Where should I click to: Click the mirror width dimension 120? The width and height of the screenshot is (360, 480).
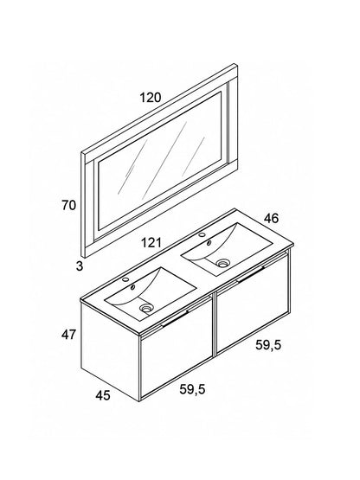(151, 98)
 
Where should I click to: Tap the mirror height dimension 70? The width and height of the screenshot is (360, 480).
(68, 205)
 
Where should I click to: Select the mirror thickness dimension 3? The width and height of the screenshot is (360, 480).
(80, 266)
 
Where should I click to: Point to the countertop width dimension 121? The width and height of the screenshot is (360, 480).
(151, 243)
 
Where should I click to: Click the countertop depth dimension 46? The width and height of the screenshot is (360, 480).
(272, 218)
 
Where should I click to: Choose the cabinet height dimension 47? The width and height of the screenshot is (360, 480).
(68, 335)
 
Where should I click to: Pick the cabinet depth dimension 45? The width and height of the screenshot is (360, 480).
(103, 395)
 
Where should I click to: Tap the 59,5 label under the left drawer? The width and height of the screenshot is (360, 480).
(192, 389)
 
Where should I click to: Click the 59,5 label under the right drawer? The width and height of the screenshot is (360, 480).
(268, 345)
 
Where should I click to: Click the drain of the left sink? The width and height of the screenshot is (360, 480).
(146, 308)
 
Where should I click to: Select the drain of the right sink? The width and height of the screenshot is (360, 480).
(222, 263)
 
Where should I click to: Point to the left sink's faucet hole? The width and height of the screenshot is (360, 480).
(125, 279)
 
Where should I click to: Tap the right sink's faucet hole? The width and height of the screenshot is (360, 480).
(202, 234)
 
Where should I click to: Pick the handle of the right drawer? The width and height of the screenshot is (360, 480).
(251, 274)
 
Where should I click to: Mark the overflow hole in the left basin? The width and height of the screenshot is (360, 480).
(133, 287)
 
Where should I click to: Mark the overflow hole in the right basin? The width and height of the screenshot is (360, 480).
(209, 243)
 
